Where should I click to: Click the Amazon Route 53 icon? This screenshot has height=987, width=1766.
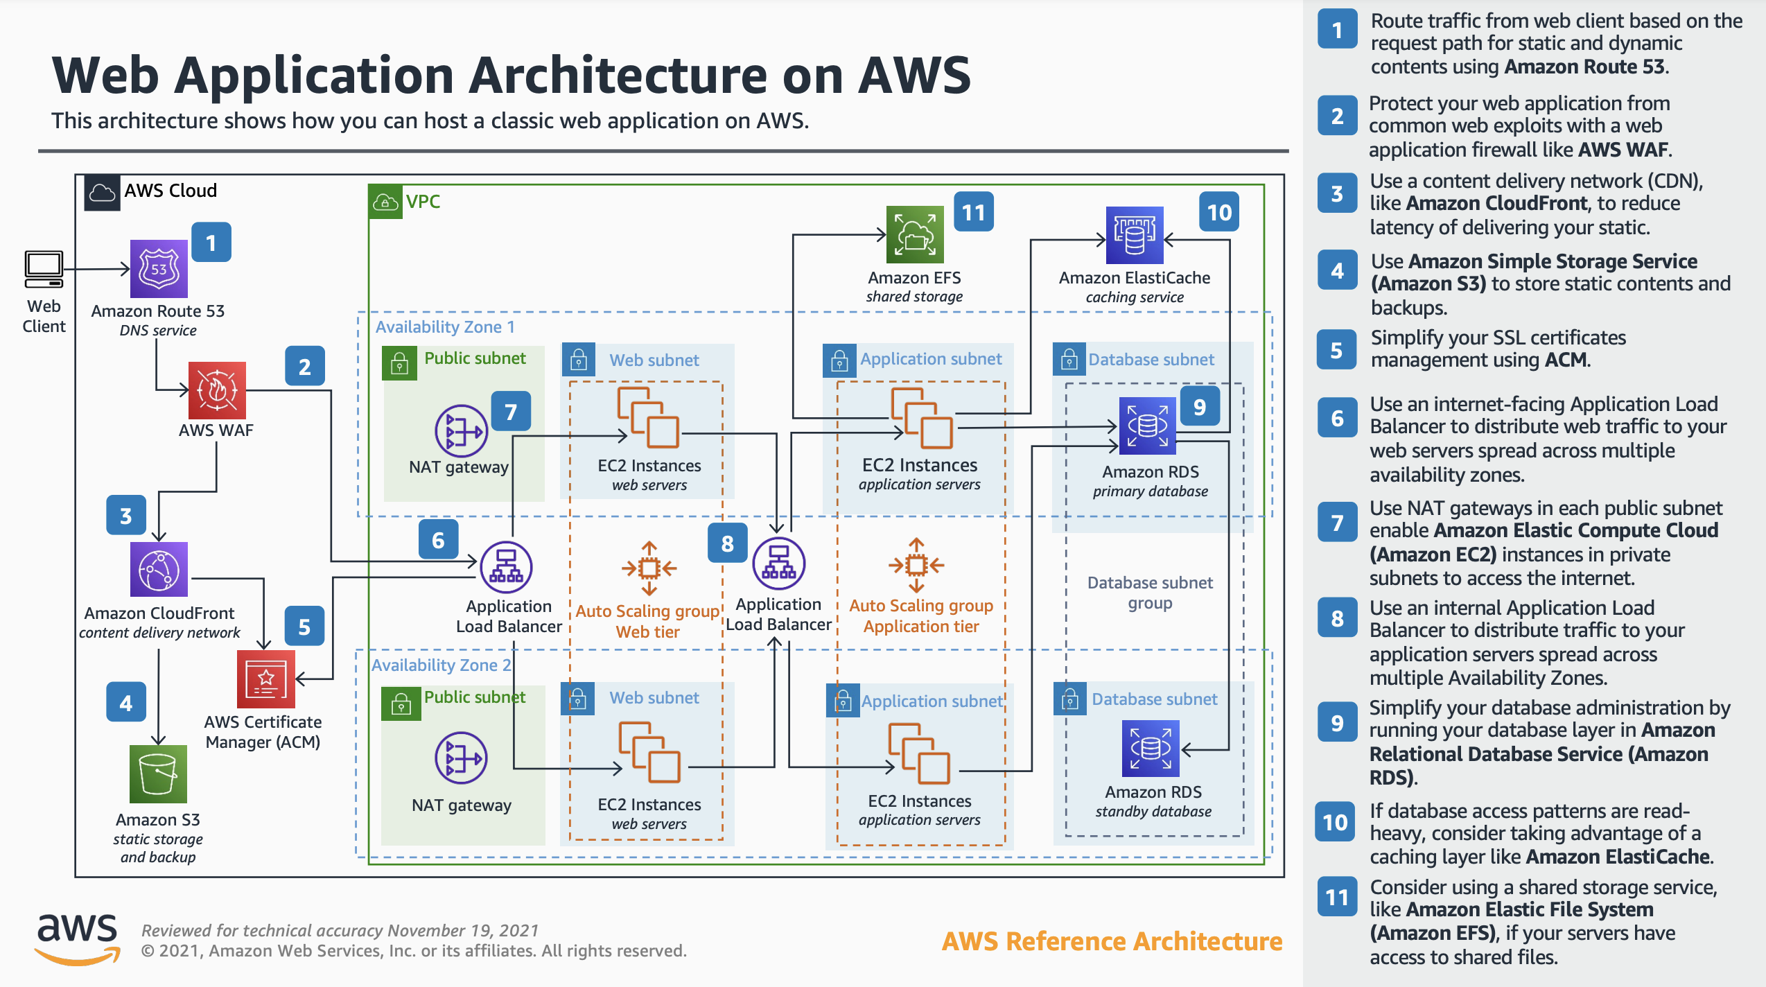pyautogui.click(x=159, y=269)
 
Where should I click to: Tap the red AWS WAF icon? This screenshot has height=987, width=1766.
pyautogui.click(x=217, y=390)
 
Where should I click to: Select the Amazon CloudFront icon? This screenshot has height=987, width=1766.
pyautogui.click(x=159, y=570)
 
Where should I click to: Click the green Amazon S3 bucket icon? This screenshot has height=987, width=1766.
pyautogui.click(x=158, y=774)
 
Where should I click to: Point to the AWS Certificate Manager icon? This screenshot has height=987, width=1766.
pyautogui.click(x=265, y=679)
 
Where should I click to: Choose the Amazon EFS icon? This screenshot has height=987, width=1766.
pyautogui.click(x=915, y=235)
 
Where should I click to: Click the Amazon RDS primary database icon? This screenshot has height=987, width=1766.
pyautogui.click(x=1148, y=426)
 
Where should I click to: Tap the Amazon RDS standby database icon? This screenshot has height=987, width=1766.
pyautogui.click(x=1151, y=749)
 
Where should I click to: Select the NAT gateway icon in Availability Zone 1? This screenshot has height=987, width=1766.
pyautogui.click(x=462, y=431)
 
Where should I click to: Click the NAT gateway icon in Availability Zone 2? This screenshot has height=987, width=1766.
pyautogui.click(x=462, y=758)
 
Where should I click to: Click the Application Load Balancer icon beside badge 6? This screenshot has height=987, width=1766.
pyautogui.click(x=507, y=568)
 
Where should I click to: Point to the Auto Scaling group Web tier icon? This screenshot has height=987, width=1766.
pyautogui.click(x=649, y=568)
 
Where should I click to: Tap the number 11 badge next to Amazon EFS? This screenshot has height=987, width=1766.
pyautogui.click(x=974, y=212)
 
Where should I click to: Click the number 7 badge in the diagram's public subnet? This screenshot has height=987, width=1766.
pyautogui.click(x=511, y=412)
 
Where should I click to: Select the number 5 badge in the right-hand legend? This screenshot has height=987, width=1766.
pyautogui.click(x=1337, y=350)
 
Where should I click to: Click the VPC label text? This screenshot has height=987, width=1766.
pyautogui.click(x=423, y=202)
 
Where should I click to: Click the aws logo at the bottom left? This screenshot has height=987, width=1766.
pyautogui.click(x=78, y=938)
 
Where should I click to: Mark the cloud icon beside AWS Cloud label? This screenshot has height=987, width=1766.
pyautogui.click(x=102, y=192)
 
